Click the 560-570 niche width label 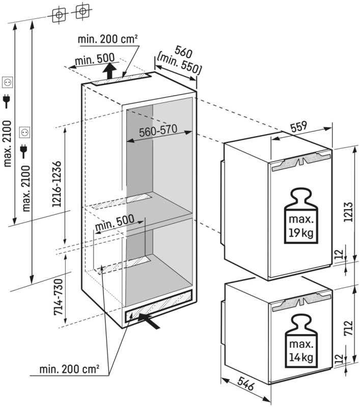[x=157, y=131]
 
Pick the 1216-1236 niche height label [x=57, y=184]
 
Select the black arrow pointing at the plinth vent [x=152, y=321]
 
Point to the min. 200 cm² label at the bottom [x=69, y=368]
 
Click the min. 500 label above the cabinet [x=95, y=60]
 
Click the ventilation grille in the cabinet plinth [x=158, y=305]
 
